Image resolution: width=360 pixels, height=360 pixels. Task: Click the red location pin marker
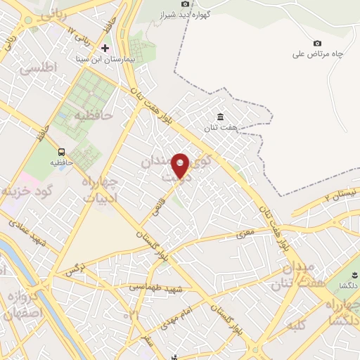[181, 167]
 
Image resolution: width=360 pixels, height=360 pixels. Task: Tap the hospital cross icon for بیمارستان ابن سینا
[105, 48]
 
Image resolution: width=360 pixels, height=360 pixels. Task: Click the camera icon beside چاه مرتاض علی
[317, 44]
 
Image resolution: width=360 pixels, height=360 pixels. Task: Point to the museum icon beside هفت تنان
[221, 116]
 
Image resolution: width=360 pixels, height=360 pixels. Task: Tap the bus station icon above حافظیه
[62, 152]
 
